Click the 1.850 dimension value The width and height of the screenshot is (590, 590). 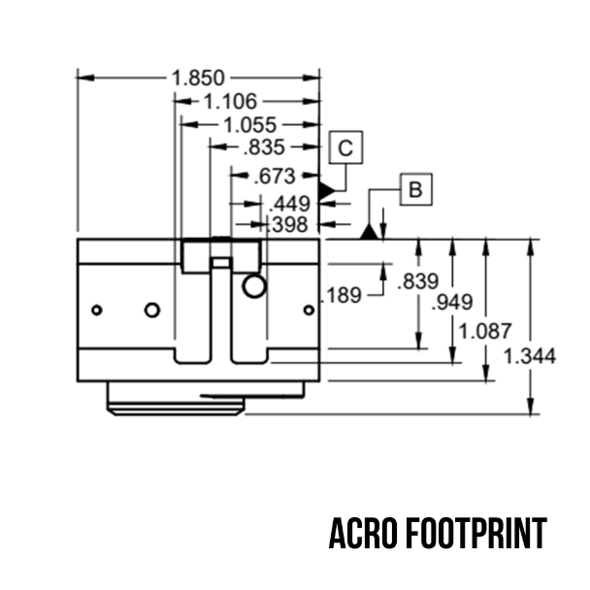point(198,78)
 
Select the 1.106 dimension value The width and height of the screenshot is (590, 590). point(230,101)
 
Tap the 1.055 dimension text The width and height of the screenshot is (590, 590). point(250,124)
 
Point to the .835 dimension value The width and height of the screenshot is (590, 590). point(264,147)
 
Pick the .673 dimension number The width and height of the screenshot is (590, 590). point(275,176)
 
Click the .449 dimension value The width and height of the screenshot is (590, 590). point(289,205)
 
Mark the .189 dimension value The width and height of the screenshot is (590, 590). point(341,295)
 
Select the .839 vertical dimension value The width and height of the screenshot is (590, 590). point(418,281)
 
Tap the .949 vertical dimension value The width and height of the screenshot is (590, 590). point(452,302)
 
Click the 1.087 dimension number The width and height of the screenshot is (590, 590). point(485,331)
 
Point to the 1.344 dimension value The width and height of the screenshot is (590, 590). point(530,356)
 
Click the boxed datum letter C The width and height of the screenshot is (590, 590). point(345,147)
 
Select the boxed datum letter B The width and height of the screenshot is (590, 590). point(415,189)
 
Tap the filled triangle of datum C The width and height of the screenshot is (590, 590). point(326,191)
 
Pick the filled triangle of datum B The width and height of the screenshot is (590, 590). point(369,232)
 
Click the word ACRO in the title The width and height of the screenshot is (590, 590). point(363,534)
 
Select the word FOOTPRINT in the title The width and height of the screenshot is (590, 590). point(476,534)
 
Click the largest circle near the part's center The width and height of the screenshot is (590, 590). point(254,286)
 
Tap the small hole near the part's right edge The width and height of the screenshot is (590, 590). point(309,311)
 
